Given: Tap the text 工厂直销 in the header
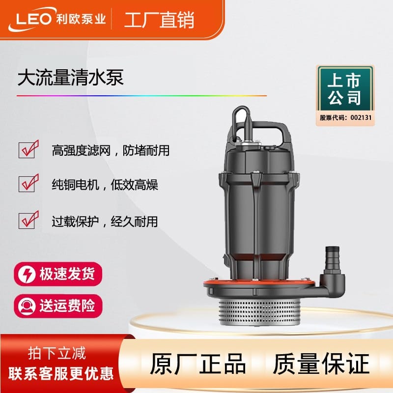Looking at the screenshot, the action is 159,20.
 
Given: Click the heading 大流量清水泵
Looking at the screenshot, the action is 70,78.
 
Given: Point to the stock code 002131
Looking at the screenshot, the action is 361,117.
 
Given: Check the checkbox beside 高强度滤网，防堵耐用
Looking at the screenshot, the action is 28,149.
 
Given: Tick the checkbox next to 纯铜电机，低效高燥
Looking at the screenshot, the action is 28,183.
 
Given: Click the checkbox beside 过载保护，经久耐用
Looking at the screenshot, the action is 28,220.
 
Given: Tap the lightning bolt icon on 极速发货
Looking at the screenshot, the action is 27,274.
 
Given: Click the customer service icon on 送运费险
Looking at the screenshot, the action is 27,306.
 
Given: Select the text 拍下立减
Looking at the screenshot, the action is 57,353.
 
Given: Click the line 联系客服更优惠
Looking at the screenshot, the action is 61,374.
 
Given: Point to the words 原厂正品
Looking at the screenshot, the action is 198,364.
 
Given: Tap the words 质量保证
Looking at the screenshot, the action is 321,364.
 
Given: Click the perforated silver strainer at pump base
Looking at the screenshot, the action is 260,312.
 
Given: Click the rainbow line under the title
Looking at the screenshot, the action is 141,96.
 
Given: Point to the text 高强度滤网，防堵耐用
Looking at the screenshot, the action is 111,150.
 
